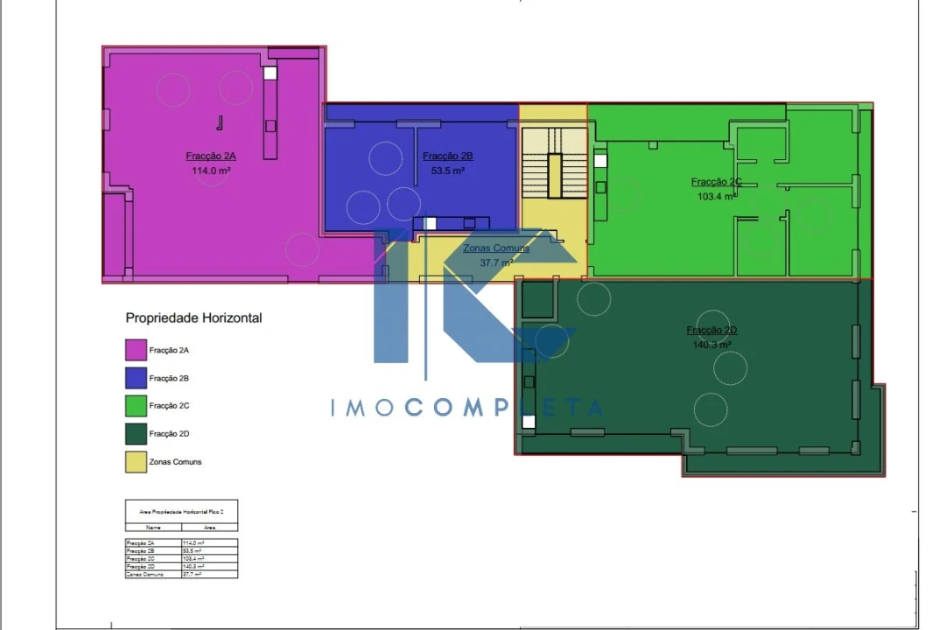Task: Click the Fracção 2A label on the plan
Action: coord(211,156)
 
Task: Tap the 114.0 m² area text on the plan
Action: coord(211,171)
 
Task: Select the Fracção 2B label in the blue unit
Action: coord(447,156)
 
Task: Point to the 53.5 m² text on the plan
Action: coord(447,171)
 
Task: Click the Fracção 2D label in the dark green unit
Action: coord(711,330)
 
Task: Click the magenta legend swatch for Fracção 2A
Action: coord(136,350)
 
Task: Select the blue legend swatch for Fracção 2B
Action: coord(136,378)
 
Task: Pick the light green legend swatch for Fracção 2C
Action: coord(136,406)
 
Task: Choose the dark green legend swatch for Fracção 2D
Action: coord(136,434)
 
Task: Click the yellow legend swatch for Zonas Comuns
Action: coord(136,462)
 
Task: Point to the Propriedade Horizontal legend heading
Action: coord(193,318)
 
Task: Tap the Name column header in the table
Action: coord(153,528)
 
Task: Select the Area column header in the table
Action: coord(209,528)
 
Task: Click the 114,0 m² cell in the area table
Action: coord(193,543)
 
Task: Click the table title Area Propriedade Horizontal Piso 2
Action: coord(181,511)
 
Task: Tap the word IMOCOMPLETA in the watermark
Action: coord(466,408)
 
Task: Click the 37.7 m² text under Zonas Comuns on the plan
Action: coord(495,262)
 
